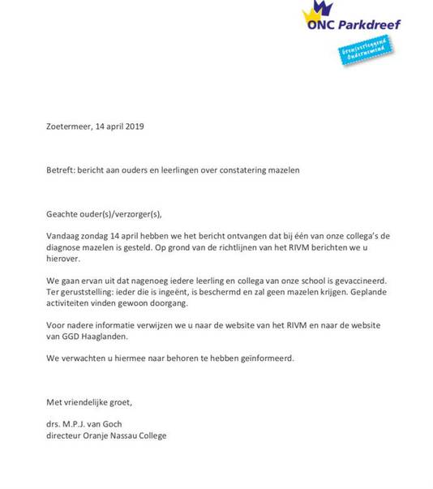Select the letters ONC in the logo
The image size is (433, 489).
tap(317, 24)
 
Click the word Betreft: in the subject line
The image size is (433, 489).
tap(62, 170)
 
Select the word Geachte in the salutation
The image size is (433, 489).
tap(65, 214)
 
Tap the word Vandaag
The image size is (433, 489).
tap(66, 234)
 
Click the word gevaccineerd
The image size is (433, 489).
tap(384, 279)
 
